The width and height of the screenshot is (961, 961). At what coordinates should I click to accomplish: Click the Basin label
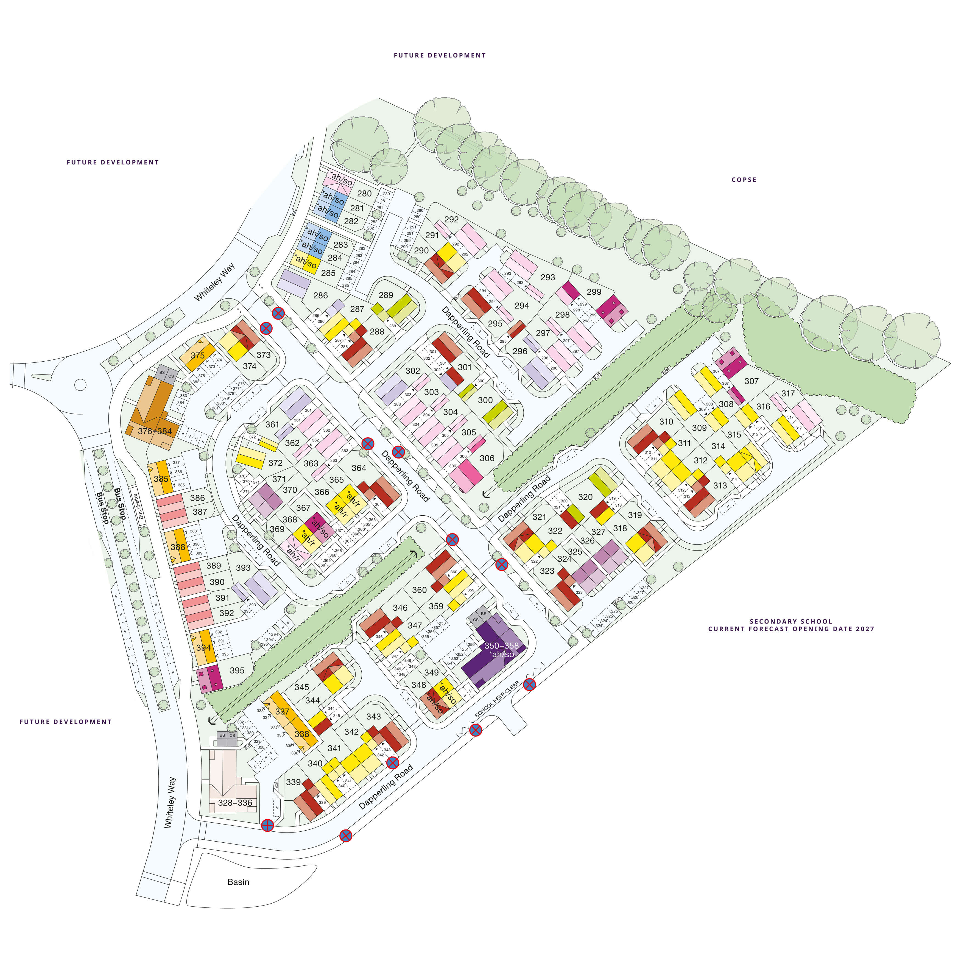pyautogui.click(x=238, y=882)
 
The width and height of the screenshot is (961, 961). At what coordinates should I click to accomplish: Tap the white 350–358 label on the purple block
pyautogui.click(x=501, y=646)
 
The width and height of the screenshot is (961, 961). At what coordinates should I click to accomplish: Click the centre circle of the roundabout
pyautogui.click(x=80, y=384)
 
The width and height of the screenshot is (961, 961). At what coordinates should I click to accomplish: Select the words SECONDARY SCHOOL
pyautogui.click(x=791, y=621)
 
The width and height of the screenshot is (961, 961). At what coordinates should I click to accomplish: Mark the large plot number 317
pyautogui.click(x=788, y=393)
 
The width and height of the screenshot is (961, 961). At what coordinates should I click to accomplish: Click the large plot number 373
pyautogui.click(x=264, y=355)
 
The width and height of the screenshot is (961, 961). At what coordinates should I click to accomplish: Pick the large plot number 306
pyautogui.click(x=487, y=458)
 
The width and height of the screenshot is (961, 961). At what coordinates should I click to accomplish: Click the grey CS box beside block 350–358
pyautogui.click(x=476, y=620)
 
